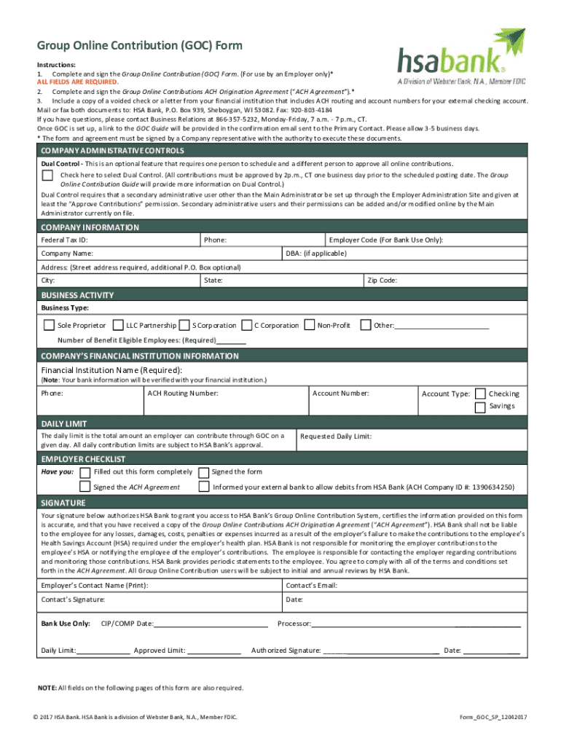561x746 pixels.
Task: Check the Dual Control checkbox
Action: [x=47, y=176]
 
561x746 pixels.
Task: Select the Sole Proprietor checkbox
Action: [x=48, y=325]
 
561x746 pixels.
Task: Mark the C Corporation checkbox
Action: [x=247, y=325]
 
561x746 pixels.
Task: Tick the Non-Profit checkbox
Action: [x=309, y=325]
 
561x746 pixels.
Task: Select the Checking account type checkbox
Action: [x=480, y=394]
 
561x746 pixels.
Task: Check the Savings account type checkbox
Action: [x=480, y=407]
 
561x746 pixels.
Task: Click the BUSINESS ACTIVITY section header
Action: [x=77, y=295]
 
